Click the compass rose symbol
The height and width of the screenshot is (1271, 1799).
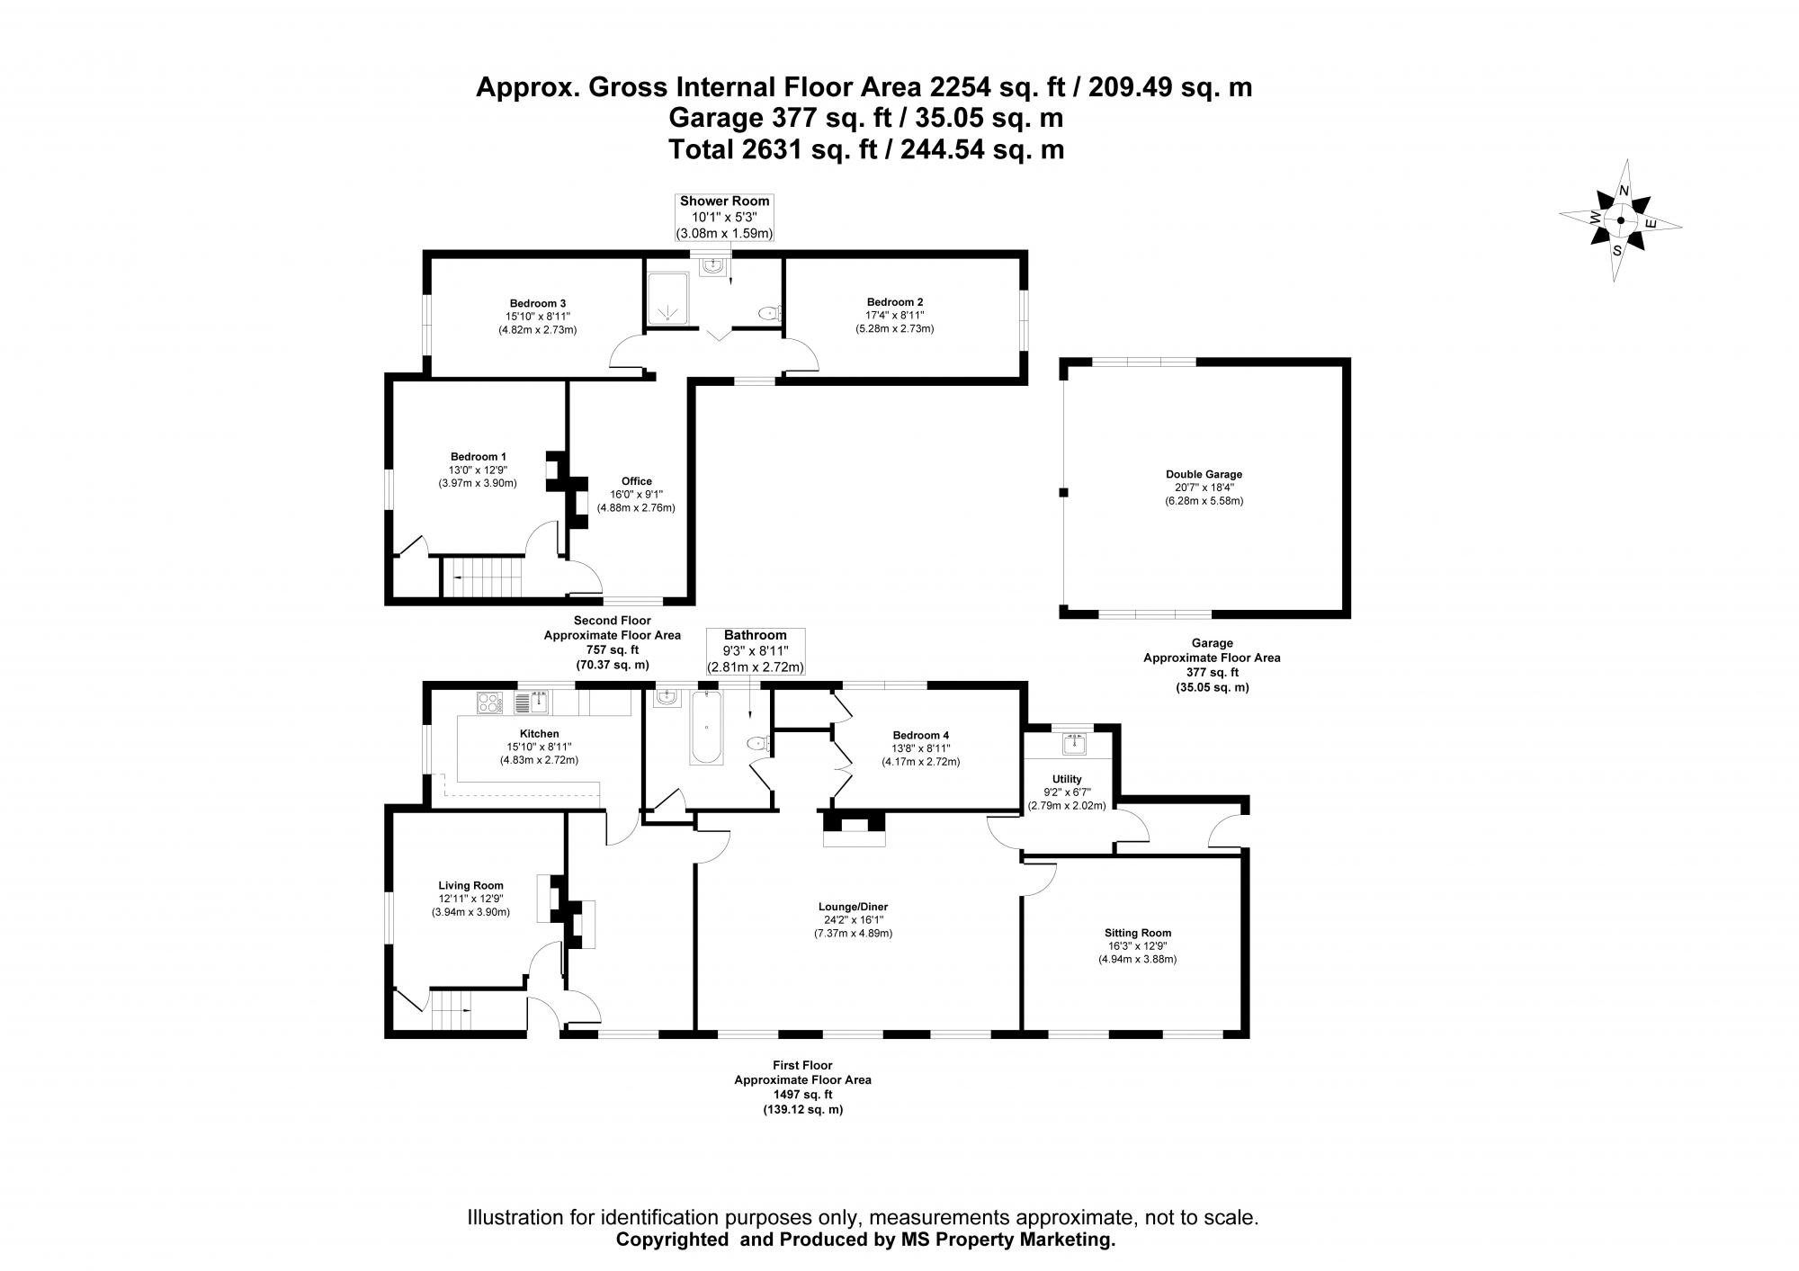coord(1620,220)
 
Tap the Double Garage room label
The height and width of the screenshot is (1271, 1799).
coord(1204,474)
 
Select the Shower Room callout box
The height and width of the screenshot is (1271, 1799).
coord(724,217)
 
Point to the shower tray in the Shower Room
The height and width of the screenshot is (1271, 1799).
coord(668,297)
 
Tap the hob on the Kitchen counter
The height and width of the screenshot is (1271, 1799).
coord(490,702)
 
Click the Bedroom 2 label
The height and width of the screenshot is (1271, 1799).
coord(895,302)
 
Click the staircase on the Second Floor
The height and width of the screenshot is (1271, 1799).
coord(482,577)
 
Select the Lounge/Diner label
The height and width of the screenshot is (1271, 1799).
coord(853,907)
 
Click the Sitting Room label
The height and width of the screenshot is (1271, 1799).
coord(1138,933)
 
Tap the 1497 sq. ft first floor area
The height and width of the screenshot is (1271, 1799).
coord(802,1095)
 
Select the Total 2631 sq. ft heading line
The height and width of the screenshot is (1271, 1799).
coord(865,148)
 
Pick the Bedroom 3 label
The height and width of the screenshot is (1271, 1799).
coord(537,303)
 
